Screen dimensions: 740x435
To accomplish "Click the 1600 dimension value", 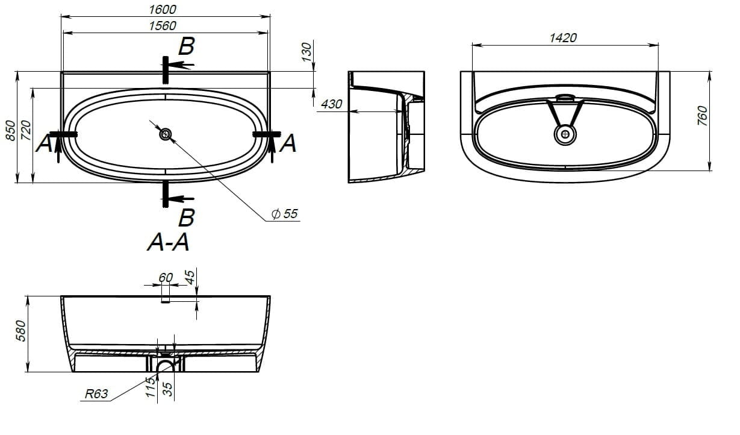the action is point(163,9).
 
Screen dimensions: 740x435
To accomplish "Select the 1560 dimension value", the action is point(163,26).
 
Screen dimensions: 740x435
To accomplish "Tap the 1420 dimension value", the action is point(563,38).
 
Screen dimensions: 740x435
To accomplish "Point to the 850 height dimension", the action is point(11,130).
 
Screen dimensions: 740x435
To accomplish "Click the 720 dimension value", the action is point(26,130).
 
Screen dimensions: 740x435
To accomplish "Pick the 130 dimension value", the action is point(307,52).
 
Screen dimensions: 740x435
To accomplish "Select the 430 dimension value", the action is point(332,104).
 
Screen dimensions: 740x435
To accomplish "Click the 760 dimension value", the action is point(703,116).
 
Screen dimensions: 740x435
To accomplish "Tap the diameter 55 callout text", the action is point(285,213).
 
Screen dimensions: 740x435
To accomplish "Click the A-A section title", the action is point(169,242).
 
